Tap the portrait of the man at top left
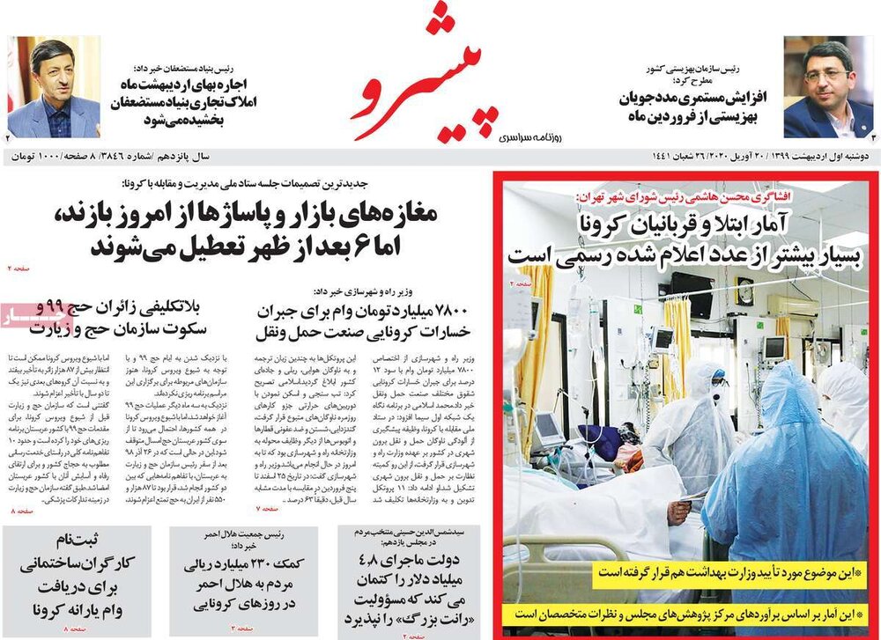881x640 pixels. pos(54,88)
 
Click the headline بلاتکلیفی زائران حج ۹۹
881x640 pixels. pos(119,318)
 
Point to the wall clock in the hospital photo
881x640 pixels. pos(744,290)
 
